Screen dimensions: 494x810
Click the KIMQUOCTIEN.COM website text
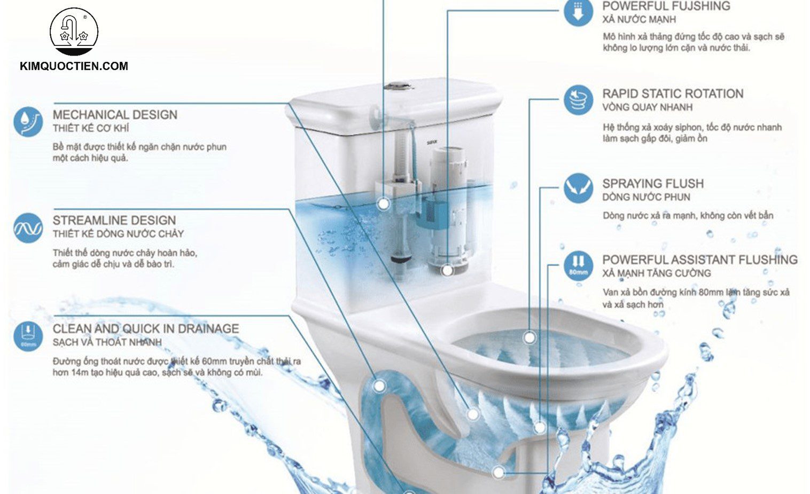(x=74, y=66)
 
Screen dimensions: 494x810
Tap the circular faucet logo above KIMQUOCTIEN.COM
(x=74, y=31)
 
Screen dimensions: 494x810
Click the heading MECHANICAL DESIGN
(x=115, y=115)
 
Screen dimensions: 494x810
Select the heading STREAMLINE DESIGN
(x=114, y=221)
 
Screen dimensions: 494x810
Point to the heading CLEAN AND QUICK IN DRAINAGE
(x=145, y=329)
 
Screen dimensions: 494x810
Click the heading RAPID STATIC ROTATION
(x=673, y=94)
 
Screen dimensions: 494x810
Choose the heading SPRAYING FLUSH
(x=652, y=184)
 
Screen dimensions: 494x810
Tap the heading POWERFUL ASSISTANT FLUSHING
(x=699, y=260)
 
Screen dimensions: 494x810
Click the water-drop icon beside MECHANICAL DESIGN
(x=28, y=122)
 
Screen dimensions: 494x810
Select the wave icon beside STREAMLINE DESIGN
(x=28, y=228)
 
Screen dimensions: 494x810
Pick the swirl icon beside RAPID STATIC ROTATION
(x=578, y=100)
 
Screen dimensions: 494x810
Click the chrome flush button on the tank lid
(x=396, y=85)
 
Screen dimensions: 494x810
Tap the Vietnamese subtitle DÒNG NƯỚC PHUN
(x=646, y=198)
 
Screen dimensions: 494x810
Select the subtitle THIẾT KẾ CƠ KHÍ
(x=90, y=129)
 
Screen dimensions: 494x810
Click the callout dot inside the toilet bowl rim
(x=529, y=338)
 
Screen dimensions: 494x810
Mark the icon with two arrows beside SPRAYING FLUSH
(x=578, y=188)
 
